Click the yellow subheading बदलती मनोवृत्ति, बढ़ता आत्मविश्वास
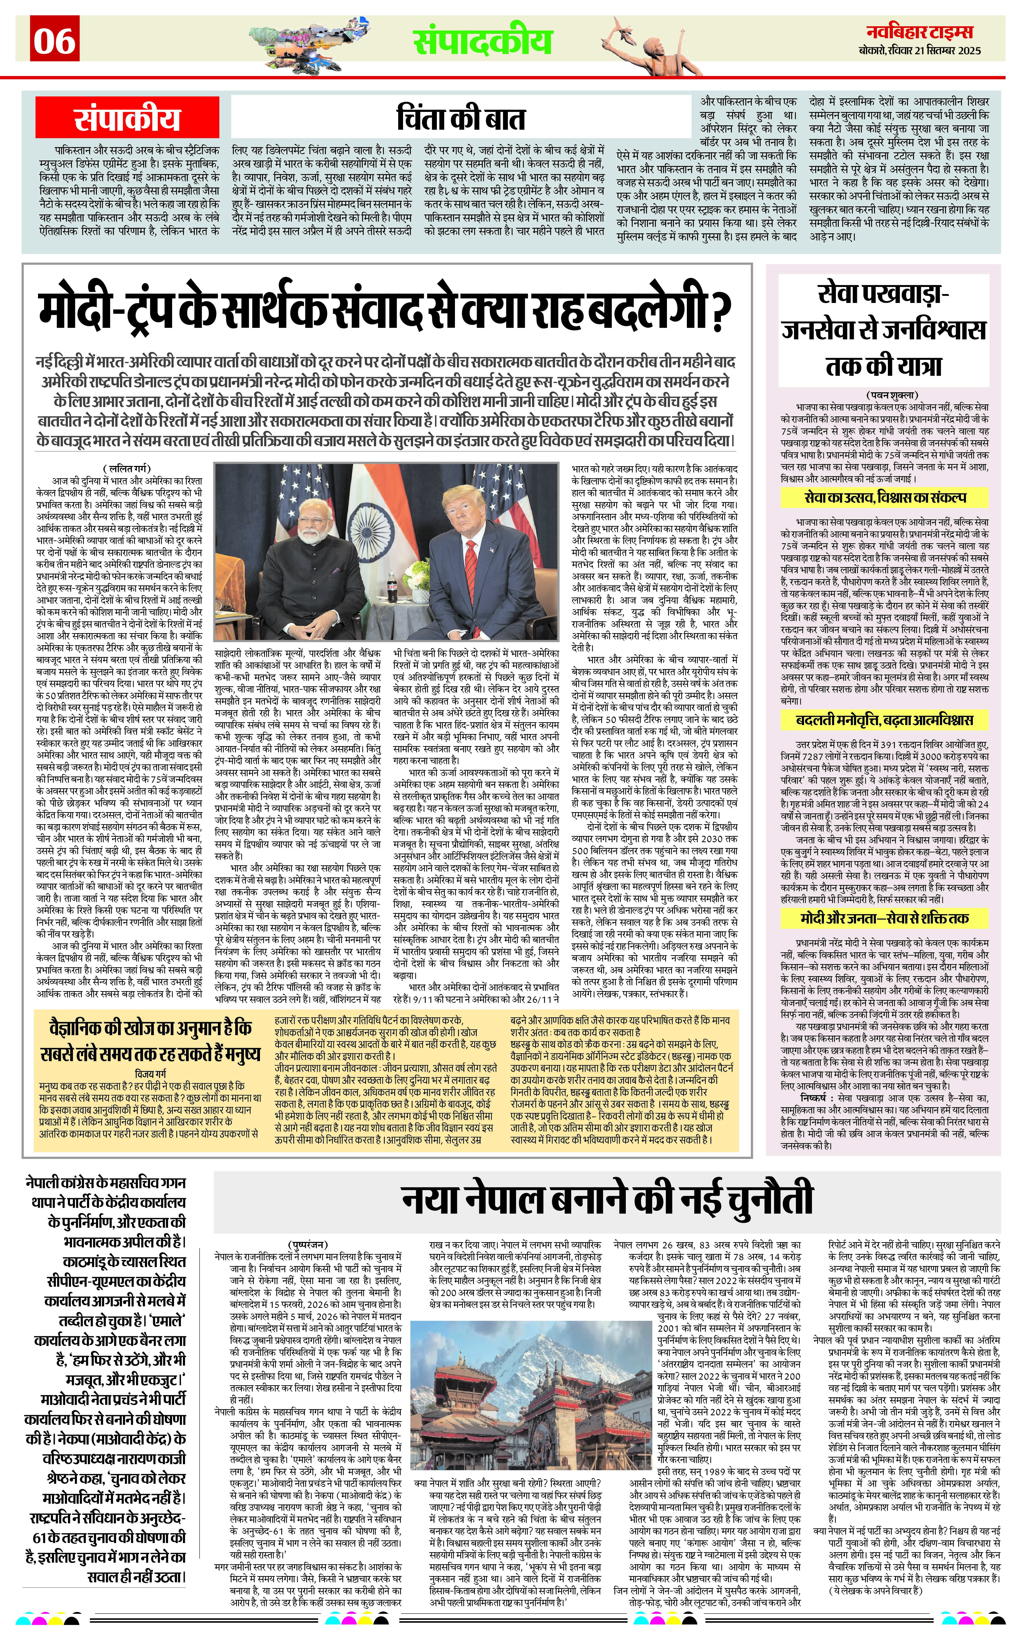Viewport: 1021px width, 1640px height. pos(885,720)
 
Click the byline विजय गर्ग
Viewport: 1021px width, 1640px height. pos(150,1073)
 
